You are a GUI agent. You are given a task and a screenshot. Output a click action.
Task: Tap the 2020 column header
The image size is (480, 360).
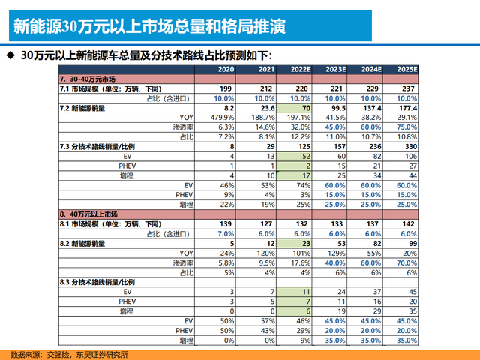[x=226, y=69]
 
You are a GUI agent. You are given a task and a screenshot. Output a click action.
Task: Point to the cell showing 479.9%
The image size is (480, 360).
[x=223, y=118]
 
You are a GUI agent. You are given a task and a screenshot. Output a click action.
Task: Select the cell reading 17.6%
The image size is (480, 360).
[x=299, y=262]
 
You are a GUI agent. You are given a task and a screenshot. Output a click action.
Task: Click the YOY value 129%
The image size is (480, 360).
[x=337, y=253]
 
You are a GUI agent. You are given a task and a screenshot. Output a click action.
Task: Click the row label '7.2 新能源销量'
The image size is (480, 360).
[x=82, y=108]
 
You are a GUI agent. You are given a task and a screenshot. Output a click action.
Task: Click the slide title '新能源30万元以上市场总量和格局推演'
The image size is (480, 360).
[x=150, y=28]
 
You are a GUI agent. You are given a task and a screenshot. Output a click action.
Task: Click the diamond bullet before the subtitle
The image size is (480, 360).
[x=10, y=55]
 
